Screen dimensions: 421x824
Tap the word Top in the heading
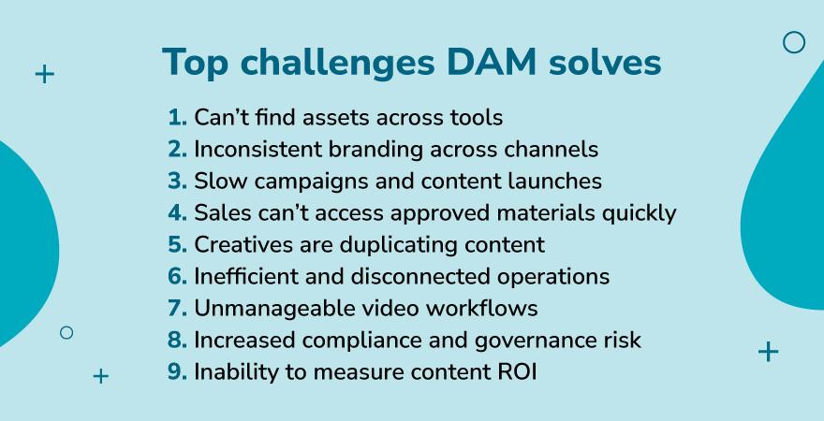point(195,63)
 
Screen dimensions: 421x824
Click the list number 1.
point(176,117)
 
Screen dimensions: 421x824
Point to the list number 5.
point(177,244)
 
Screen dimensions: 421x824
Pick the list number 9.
point(177,371)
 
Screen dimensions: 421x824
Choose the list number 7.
point(177,308)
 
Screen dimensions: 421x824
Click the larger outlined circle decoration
point(793,42)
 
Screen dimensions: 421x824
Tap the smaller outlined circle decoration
point(66,332)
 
